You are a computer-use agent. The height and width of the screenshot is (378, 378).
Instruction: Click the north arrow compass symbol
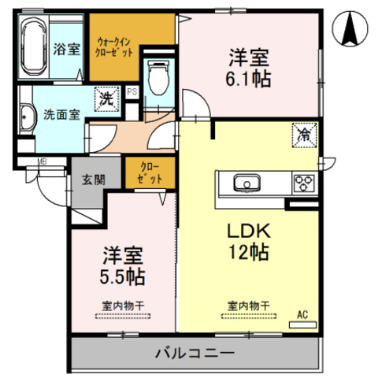[x=350, y=28]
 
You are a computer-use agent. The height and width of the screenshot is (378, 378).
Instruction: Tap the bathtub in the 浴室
[x=34, y=46]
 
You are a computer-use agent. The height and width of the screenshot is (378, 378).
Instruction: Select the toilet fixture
[x=157, y=78]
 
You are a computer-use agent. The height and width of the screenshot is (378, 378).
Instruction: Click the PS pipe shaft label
[x=132, y=91]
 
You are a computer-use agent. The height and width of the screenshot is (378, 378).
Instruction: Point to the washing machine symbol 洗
[x=107, y=99]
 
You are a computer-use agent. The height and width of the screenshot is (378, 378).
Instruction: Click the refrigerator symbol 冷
[x=304, y=135]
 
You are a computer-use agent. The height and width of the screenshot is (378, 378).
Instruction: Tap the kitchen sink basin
[x=246, y=183]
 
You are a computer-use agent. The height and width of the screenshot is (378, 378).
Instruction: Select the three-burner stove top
[x=305, y=183]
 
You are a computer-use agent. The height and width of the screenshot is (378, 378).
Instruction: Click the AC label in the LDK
[x=302, y=314]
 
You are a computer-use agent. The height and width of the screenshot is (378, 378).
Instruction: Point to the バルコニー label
[x=195, y=353]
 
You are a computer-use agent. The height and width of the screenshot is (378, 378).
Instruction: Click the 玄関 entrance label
[x=94, y=180]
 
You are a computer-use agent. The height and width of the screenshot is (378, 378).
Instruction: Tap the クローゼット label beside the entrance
[x=150, y=172]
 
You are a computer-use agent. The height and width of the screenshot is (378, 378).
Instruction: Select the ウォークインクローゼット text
[x=114, y=47]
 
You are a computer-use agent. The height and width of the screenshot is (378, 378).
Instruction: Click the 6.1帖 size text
[x=249, y=79]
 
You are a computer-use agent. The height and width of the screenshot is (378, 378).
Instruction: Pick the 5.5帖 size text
[x=122, y=276]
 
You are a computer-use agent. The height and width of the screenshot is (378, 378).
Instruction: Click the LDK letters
[x=249, y=231]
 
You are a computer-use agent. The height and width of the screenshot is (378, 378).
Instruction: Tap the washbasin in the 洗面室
[x=27, y=117]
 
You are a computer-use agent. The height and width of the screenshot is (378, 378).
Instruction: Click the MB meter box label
[x=42, y=161]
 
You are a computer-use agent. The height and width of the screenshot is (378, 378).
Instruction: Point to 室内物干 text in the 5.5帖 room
[x=123, y=306]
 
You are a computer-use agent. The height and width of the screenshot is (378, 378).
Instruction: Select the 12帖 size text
[x=249, y=252]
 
